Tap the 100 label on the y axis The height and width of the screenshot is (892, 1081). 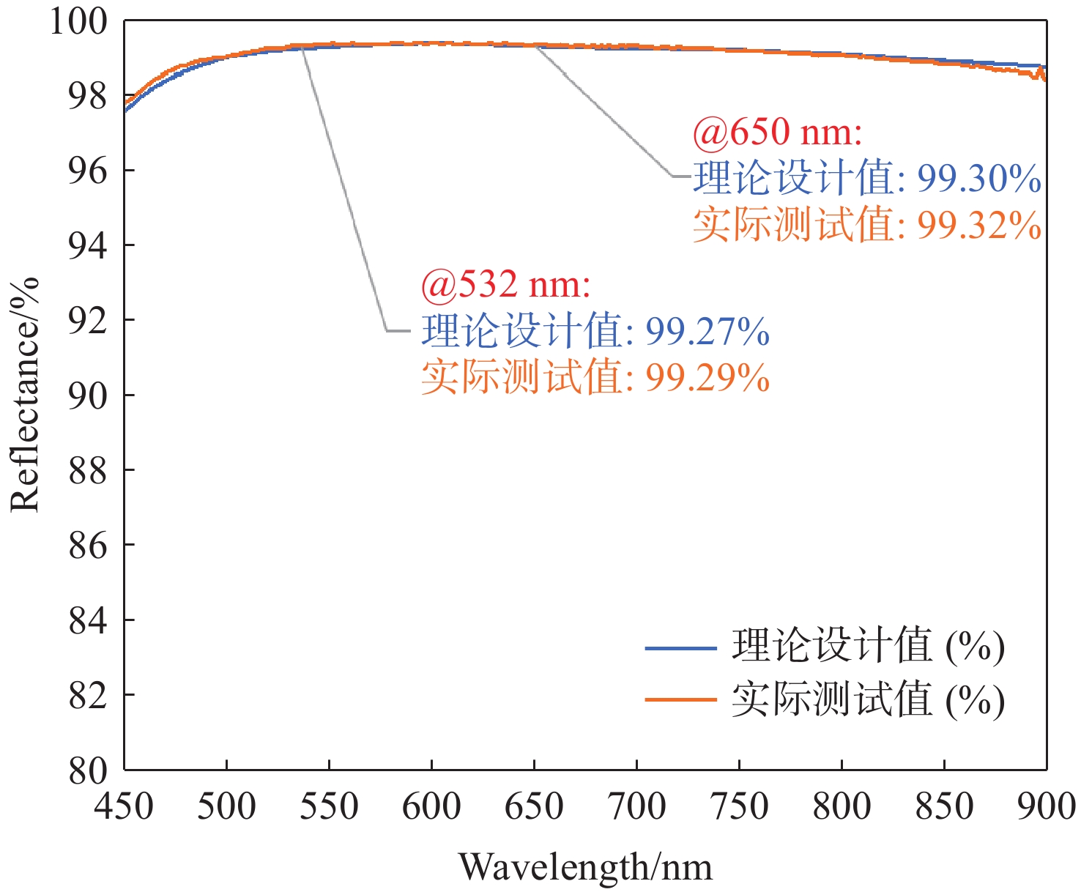tap(78, 21)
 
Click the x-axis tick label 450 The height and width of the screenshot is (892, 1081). tap(124, 806)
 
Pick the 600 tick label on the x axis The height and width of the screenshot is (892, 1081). tap(431, 806)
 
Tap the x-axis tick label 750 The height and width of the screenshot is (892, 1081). tap(739, 806)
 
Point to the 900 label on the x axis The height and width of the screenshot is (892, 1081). tap(1046, 806)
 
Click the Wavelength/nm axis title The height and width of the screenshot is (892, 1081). tap(584, 867)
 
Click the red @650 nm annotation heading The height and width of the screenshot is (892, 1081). tap(777, 133)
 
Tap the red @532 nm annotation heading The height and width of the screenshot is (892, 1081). tap(505, 284)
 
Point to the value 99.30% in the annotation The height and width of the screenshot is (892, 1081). tap(979, 178)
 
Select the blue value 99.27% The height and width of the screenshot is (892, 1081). tap(707, 331)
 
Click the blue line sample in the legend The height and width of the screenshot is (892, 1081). tap(680, 648)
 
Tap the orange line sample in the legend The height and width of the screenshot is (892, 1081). tap(680, 699)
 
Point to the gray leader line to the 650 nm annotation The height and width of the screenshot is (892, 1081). tap(604, 110)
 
